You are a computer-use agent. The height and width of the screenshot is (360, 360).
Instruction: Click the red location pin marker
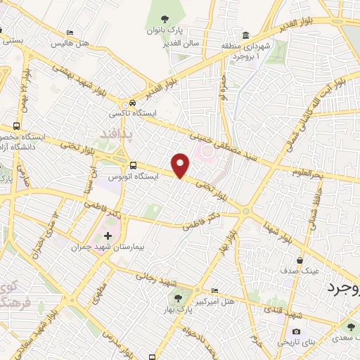182,165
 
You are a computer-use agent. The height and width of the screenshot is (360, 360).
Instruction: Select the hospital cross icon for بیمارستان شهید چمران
107,236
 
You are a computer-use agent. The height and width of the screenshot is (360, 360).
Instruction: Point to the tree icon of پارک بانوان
165,20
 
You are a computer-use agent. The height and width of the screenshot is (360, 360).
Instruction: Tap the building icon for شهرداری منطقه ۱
245,36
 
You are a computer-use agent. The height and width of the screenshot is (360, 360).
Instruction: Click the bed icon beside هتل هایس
69,33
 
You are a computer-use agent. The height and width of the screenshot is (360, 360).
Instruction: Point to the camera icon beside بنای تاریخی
296,331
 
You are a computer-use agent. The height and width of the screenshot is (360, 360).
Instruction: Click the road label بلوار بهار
224,243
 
